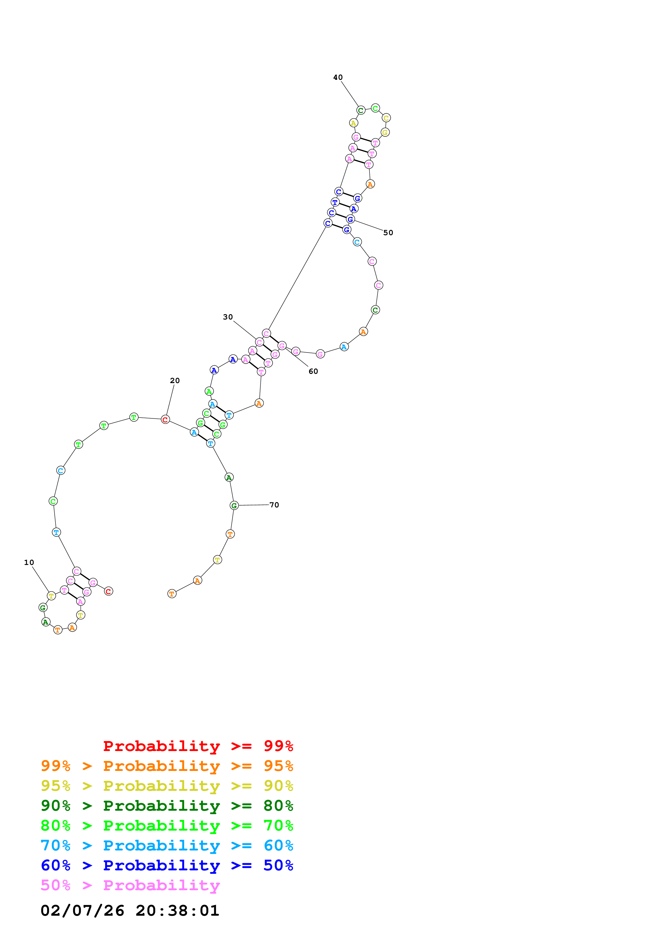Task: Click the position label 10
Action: pos(29,562)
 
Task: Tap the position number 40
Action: pos(338,77)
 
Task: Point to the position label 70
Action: pos(274,505)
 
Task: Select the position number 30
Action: pos(228,317)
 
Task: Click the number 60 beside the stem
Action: pos(313,371)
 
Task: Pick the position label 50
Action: pos(388,232)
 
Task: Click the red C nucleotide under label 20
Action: pos(165,420)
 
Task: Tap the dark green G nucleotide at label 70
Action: pos(234,506)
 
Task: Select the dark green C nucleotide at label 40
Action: pos(360,110)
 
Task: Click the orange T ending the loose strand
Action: pos(172,594)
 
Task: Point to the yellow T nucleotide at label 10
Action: pos(51,596)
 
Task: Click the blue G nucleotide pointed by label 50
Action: pos(350,219)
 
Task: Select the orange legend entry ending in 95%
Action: pos(167,766)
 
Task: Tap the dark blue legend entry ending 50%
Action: pos(167,865)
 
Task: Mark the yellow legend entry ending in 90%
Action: pos(167,786)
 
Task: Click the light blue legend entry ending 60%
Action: pos(167,845)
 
